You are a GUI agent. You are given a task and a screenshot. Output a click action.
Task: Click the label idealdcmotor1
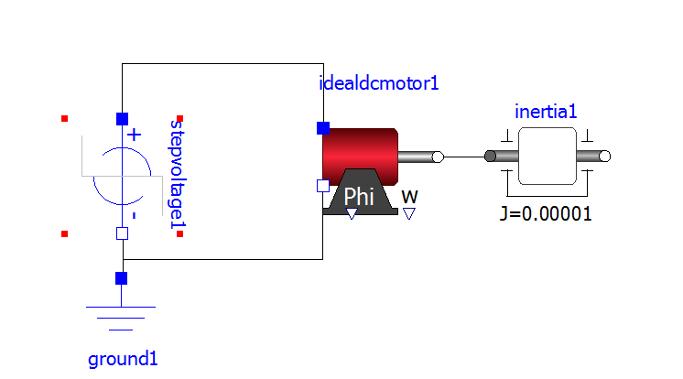(x=379, y=83)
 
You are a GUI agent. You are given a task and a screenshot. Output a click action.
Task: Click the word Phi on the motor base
(x=358, y=196)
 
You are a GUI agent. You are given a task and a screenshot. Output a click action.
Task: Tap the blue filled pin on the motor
(x=322, y=127)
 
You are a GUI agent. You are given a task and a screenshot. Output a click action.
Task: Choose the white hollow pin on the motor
(x=322, y=186)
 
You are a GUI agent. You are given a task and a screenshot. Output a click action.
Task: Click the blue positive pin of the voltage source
(x=122, y=118)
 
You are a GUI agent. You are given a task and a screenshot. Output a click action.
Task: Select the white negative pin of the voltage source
(x=122, y=233)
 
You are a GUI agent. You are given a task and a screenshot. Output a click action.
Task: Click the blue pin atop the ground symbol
(x=122, y=278)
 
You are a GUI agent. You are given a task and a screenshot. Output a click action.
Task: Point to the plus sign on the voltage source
(x=135, y=135)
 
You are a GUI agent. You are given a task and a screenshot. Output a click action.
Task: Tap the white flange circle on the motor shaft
(x=438, y=157)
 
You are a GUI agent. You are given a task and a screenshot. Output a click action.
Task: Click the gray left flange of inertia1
(x=491, y=157)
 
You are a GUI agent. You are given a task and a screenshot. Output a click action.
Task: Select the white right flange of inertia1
(x=603, y=157)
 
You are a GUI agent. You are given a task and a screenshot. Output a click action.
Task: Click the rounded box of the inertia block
(x=547, y=157)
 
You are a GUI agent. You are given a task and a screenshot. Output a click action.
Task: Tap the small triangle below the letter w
(x=409, y=213)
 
